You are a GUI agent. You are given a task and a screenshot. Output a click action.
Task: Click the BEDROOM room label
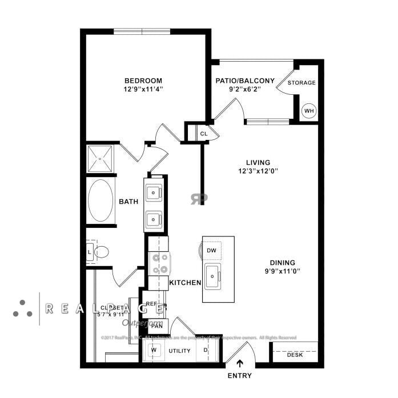[x=143, y=81]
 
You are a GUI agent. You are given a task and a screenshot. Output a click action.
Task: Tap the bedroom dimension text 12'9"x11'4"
[x=143, y=89]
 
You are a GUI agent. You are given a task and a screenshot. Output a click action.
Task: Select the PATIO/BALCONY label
[x=245, y=81]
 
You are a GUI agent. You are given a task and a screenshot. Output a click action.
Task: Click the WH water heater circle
[x=309, y=111]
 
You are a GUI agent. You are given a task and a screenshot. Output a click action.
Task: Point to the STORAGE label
[x=301, y=83]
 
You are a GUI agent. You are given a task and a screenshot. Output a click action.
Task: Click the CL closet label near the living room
[x=203, y=134]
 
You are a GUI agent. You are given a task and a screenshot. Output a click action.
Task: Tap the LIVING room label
[x=254, y=162]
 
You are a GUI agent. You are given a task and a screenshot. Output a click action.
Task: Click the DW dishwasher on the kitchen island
[x=211, y=250]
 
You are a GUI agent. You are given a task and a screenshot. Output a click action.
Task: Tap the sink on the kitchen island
[x=213, y=276]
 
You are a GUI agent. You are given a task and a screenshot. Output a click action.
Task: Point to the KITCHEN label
[x=185, y=283]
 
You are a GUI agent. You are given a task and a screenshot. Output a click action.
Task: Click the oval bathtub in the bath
[x=101, y=200]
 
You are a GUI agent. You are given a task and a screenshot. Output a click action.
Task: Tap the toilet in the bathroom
[x=101, y=251]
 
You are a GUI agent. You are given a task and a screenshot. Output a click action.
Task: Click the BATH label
[x=128, y=202]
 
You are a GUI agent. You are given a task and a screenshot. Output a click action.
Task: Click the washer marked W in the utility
[x=152, y=351]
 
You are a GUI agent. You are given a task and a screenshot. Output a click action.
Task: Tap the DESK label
[x=295, y=355]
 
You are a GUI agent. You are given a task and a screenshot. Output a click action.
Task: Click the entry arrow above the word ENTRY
[x=240, y=362]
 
